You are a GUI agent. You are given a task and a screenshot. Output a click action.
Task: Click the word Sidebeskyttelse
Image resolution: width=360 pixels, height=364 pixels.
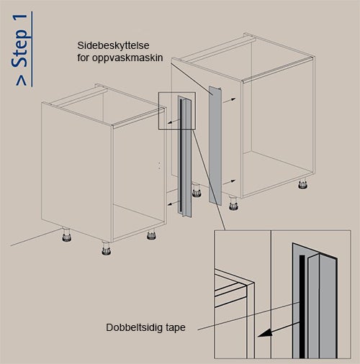click(x=113, y=45)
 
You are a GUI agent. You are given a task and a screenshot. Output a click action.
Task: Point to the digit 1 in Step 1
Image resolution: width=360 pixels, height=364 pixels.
click(x=22, y=21)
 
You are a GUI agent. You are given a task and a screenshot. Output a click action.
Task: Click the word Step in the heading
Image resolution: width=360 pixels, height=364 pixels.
click(x=20, y=48)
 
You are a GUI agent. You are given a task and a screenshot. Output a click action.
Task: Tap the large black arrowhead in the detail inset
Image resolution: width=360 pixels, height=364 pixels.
click(x=266, y=333)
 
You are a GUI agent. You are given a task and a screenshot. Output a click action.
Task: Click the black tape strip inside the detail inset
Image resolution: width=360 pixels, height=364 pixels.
click(x=302, y=306)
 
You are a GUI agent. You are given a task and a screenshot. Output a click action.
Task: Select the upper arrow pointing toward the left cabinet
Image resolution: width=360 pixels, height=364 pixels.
click(x=174, y=122)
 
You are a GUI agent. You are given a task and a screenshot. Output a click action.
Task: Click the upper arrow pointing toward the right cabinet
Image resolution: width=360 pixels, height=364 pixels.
click(x=229, y=100)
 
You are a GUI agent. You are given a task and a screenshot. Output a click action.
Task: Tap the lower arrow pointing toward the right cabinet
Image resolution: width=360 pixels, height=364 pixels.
click(x=229, y=182)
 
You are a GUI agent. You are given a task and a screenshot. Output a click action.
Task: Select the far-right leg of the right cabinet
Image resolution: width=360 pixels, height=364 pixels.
click(x=302, y=183)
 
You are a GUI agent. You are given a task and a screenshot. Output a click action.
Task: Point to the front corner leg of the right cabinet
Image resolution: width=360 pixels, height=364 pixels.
click(x=233, y=203)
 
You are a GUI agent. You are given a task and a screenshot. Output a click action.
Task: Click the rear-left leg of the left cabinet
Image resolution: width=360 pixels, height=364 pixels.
click(x=66, y=235)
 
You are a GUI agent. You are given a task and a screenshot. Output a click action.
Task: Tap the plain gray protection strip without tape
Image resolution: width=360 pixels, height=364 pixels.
click(x=215, y=145)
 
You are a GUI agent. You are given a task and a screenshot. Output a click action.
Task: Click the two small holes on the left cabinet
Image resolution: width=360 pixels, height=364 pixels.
click(x=160, y=165)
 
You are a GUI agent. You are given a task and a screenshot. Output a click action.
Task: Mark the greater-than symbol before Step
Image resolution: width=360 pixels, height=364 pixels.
click(x=22, y=81)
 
